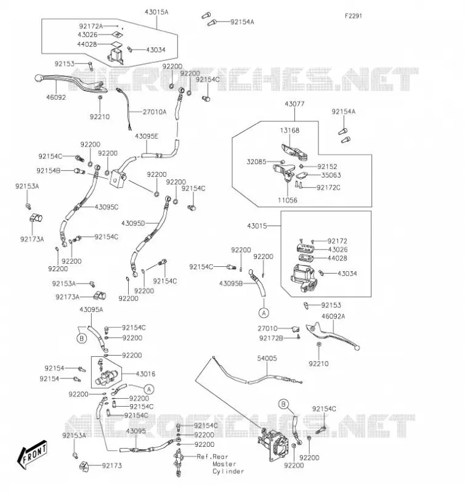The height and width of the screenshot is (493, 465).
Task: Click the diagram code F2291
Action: point(354,16)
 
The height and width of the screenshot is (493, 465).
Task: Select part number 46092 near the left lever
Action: point(56,97)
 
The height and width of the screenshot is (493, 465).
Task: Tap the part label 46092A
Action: point(333,316)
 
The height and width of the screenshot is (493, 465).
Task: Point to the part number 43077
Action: point(295,104)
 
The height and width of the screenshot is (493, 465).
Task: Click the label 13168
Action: point(289,130)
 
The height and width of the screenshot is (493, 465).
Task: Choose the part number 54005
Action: point(267,359)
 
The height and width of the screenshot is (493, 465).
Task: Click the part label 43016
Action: point(145,374)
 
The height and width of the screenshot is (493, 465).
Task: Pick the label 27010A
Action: point(155,112)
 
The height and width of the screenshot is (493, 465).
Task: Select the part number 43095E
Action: point(147,136)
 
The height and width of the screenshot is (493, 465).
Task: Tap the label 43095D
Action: point(133,224)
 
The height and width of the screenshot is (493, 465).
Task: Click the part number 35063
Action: point(331,175)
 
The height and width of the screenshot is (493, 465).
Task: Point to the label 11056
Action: point(288,200)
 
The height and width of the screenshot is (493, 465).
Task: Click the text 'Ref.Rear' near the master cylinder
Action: point(212,457)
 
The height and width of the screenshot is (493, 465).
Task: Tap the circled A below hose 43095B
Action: point(264,313)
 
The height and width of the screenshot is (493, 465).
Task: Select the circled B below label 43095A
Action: point(82,338)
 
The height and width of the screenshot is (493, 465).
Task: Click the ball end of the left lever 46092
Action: point(38,78)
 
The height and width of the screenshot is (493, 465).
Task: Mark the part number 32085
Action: point(256,161)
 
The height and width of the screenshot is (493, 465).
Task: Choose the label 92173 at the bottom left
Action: point(111,466)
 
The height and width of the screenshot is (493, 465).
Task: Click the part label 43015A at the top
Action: point(156,12)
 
